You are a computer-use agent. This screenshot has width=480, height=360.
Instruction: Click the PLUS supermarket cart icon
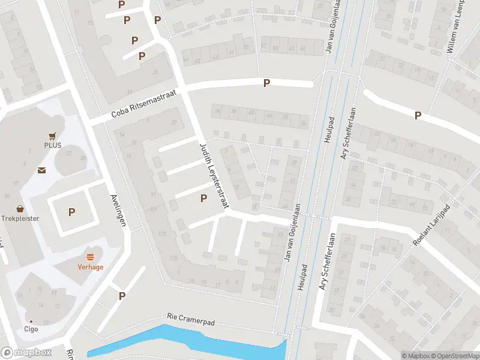click(x=53, y=136)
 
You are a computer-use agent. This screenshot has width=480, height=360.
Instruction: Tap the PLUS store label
click(x=53, y=145)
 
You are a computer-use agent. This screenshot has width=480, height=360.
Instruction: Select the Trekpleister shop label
click(x=20, y=218)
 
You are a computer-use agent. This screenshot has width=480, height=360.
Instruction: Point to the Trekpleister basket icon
click(x=20, y=209)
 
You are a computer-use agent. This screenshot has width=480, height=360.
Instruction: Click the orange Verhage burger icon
click(x=91, y=257)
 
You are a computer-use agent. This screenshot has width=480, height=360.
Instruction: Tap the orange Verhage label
click(x=91, y=267)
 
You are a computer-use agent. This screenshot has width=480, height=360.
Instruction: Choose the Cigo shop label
click(x=31, y=329)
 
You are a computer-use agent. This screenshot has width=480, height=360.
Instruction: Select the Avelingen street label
click(x=119, y=210)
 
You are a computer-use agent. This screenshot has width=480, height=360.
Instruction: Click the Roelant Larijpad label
click(x=431, y=225)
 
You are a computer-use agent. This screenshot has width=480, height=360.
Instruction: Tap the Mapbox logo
click(x=26, y=353)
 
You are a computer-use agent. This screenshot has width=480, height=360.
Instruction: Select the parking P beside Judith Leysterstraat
click(x=203, y=198)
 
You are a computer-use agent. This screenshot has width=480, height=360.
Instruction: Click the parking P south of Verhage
click(x=122, y=295)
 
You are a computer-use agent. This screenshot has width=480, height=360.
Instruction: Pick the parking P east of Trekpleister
click(x=72, y=212)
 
